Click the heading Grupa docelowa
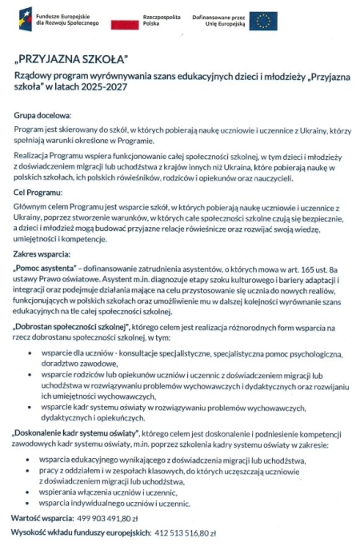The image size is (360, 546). click(43, 116)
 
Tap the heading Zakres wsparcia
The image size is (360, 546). click(39, 253)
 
